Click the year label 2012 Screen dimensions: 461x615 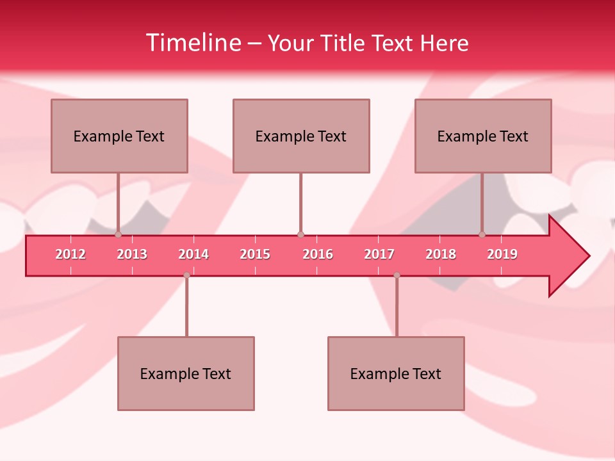[70, 254]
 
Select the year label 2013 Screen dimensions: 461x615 [132, 254]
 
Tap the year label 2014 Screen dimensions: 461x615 [193, 254]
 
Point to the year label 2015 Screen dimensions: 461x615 [255, 254]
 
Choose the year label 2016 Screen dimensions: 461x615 [318, 254]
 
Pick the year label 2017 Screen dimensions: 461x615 [379, 254]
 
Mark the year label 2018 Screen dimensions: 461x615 [441, 254]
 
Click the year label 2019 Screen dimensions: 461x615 [502, 254]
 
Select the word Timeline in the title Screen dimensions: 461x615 [192, 43]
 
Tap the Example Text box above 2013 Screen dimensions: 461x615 [119, 136]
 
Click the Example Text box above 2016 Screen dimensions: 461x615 [301, 136]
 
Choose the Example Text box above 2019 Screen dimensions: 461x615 [483, 136]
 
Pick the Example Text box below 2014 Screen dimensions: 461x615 [186, 373]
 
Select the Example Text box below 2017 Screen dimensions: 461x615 [396, 373]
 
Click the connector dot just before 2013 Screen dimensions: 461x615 [118, 234]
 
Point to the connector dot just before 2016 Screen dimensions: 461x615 [300, 234]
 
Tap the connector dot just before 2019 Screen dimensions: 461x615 [482, 234]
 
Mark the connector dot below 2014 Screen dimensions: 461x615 [186, 275]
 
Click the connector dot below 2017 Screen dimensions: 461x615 [397, 275]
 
